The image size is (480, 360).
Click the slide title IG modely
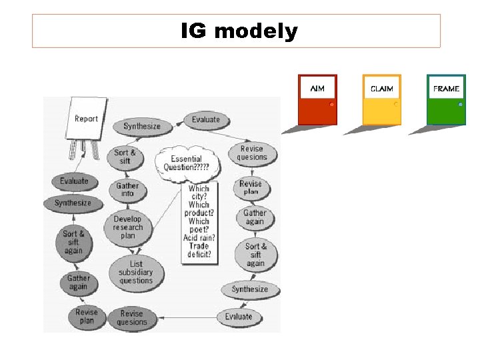(x=239, y=31)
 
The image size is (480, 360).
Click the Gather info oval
(x=127, y=190)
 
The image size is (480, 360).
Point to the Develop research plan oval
(x=127, y=227)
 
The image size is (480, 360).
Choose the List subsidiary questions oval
(x=136, y=272)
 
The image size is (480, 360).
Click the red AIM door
(x=317, y=100)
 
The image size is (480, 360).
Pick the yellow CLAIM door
(x=381, y=100)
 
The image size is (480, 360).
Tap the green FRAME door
(x=446, y=100)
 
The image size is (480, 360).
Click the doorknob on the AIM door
(x=331, y=105)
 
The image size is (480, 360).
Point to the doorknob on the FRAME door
(x=460, y=105)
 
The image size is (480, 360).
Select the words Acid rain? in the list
(x=199, y=238)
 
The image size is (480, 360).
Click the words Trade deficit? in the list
(x=199, y=250)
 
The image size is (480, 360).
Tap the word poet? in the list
(x=199, y=229)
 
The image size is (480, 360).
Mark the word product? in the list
(x=199, y=213)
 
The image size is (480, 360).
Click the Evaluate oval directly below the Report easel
(x=73, y=181)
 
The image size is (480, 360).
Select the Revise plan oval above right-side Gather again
(x=251, y=187)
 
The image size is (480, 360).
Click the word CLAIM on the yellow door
(x=382, y=89)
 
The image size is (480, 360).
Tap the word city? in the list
(x=199, y=197)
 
